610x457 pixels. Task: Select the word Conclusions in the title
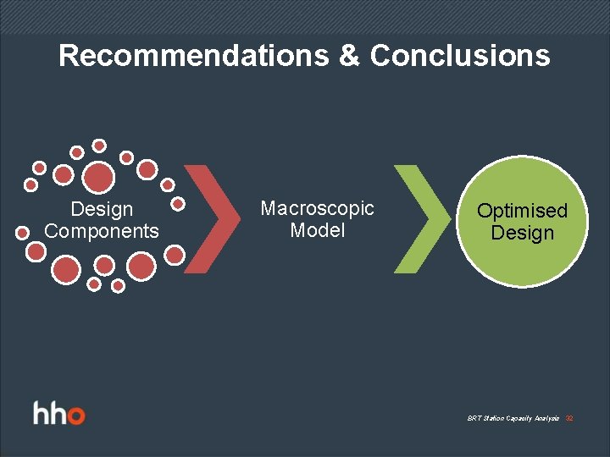tap(460, 56)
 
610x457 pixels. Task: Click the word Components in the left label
tap(102, 231)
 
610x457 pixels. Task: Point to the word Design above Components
tap(102, 209)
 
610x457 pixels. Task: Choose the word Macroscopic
tap(317, 208)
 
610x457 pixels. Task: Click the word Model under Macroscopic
tap(317, 230)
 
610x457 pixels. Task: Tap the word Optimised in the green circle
tap(522, 210)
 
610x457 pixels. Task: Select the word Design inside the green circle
tap(522, 233)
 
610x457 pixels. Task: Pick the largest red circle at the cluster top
tap(99, 177)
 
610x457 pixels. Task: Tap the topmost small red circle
tap(99, 146)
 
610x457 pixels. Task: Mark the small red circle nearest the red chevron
tap(178, 203)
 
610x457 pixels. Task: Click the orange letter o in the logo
tap(75, 416)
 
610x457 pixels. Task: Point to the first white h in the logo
tap(42, 414)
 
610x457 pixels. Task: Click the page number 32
tap(569, 419)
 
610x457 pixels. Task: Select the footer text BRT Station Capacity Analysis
tap(513, 419)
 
